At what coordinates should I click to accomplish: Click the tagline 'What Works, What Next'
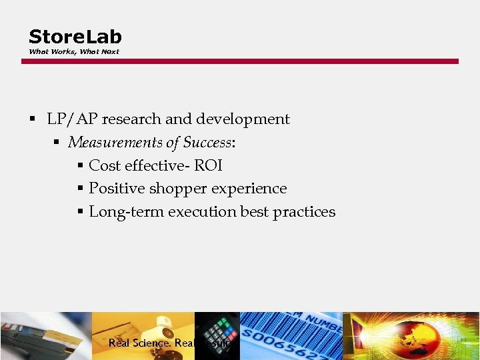click(x=73, y=51)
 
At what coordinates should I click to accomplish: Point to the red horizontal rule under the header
click(x=240, y=61)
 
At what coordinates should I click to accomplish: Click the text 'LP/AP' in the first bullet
click(x=71, y=119)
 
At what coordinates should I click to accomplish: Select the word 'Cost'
click(x=104, y=165)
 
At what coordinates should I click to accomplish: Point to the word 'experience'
click(x=250, y=189)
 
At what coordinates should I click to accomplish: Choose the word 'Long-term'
click(x=126, y=212)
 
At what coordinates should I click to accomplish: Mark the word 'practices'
click(x=304, y=212)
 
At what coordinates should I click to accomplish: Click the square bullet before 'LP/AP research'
click(x=32, y=120)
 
